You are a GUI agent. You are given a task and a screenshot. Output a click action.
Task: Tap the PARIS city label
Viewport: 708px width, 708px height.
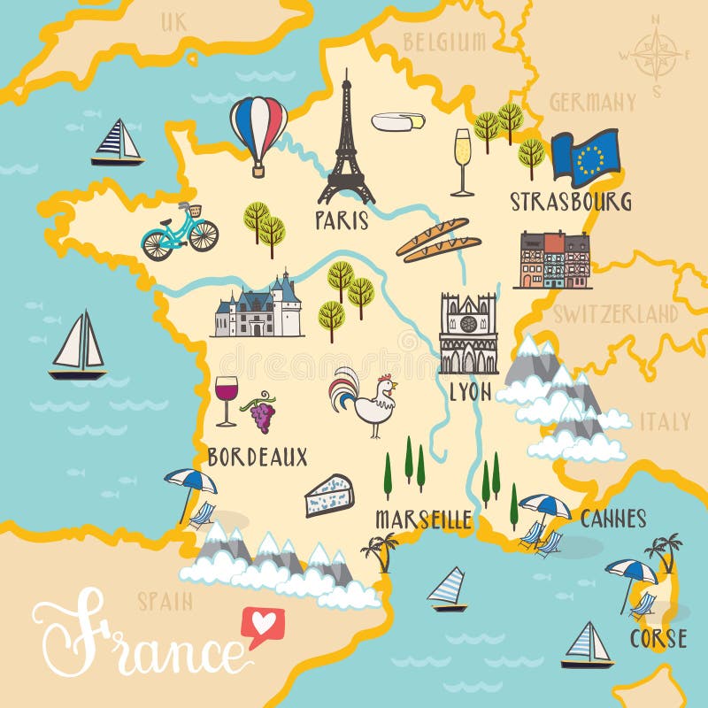tap(342, 219)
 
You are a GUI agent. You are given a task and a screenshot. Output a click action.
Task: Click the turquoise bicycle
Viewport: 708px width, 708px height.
tap(180, 232)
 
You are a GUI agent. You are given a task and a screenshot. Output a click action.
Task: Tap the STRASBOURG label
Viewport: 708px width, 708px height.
tap(570, 201)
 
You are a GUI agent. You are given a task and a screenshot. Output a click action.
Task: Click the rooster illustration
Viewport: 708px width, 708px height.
tap(365, 404)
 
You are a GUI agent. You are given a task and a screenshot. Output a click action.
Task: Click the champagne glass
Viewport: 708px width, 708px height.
tap(462, 161)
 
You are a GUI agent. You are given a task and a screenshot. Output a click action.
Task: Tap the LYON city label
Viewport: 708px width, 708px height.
tap(469, 391)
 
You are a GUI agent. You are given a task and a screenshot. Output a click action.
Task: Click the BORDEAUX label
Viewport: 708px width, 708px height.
tap(258, 457)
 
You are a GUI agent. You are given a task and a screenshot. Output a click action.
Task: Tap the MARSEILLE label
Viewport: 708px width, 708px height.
tap(423, 519)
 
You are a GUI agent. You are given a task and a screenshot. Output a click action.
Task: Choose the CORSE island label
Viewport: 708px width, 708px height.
tap(658, 638)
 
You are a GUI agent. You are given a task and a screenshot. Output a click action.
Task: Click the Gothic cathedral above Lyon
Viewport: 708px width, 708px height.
tap(468, 334)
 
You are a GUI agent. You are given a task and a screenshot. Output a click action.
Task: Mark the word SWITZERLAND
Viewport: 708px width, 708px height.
tap(615, 313)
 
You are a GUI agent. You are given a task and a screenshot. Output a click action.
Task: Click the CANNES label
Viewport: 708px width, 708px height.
tap(613, 519)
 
